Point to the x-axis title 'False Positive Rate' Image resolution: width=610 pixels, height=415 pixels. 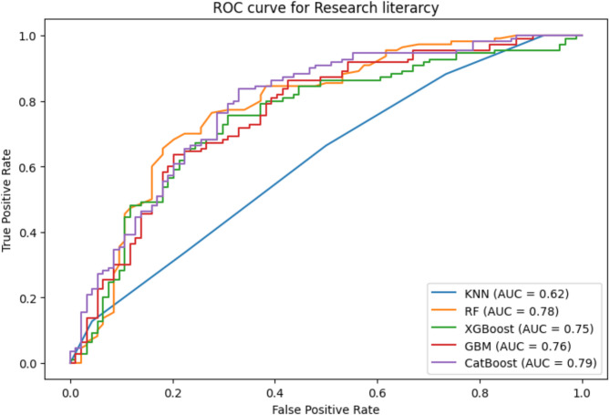click(326, 407)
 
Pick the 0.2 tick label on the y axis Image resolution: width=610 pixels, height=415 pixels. click(36, 298)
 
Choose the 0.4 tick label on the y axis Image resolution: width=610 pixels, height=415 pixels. click(36, 233)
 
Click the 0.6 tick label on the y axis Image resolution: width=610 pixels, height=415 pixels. click(36, 167)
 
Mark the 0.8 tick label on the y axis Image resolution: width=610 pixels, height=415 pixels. click(36, 101)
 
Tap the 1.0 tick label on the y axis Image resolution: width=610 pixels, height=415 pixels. click(36, 36)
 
